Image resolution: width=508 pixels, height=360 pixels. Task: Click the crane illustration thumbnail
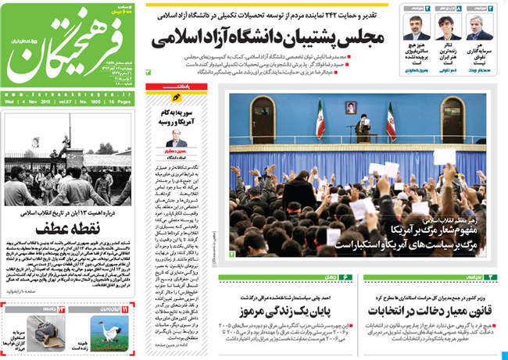(106, 337)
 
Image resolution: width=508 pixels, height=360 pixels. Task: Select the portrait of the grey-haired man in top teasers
(475, 27)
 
